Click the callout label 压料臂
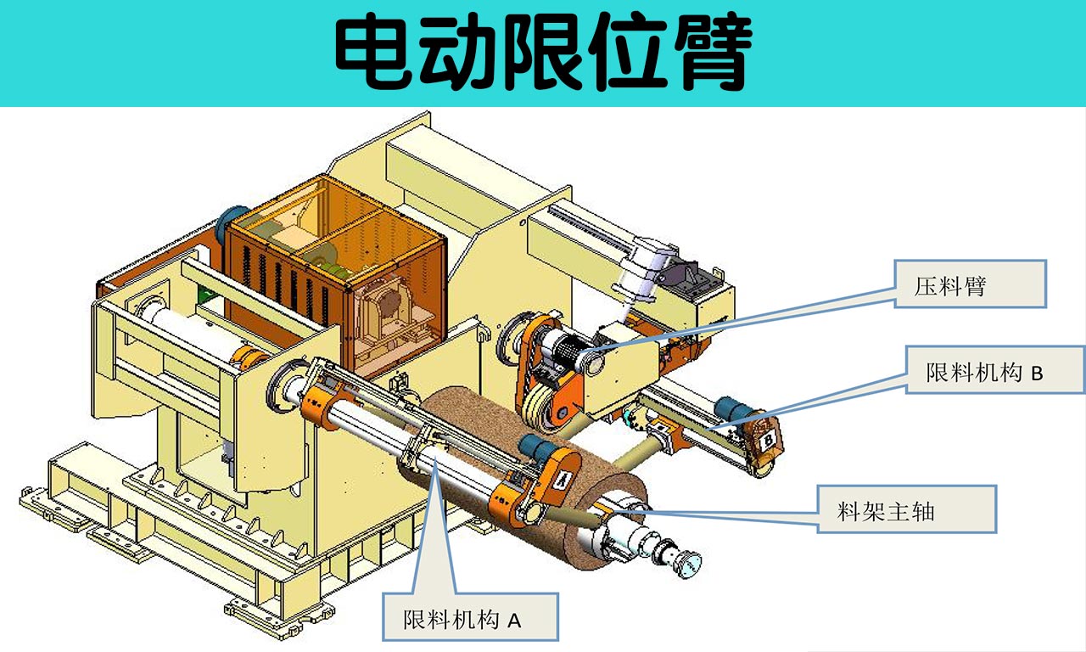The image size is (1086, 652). click(970, 284)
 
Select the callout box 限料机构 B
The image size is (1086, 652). click(994, 369)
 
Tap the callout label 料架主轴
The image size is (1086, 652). click(906, 509)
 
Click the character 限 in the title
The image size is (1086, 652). click(543, 53)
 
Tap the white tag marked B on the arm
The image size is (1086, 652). click(768, 441)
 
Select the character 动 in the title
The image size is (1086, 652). click(459, 53)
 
